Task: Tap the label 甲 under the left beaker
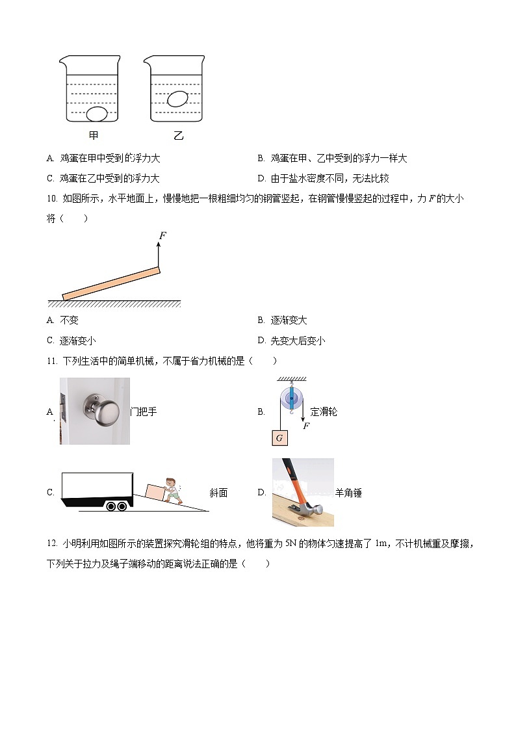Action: (x=94, y=136)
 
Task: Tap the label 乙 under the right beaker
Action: (x=178, y=136)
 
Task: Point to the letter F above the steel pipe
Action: (x=162, y=235)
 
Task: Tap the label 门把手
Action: (x=144, y=411)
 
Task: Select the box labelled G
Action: (x=279, y=437)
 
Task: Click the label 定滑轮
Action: (x=324, y=411)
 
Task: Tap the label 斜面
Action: (x=218, y=493)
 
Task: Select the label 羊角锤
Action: (x=348, y=493)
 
